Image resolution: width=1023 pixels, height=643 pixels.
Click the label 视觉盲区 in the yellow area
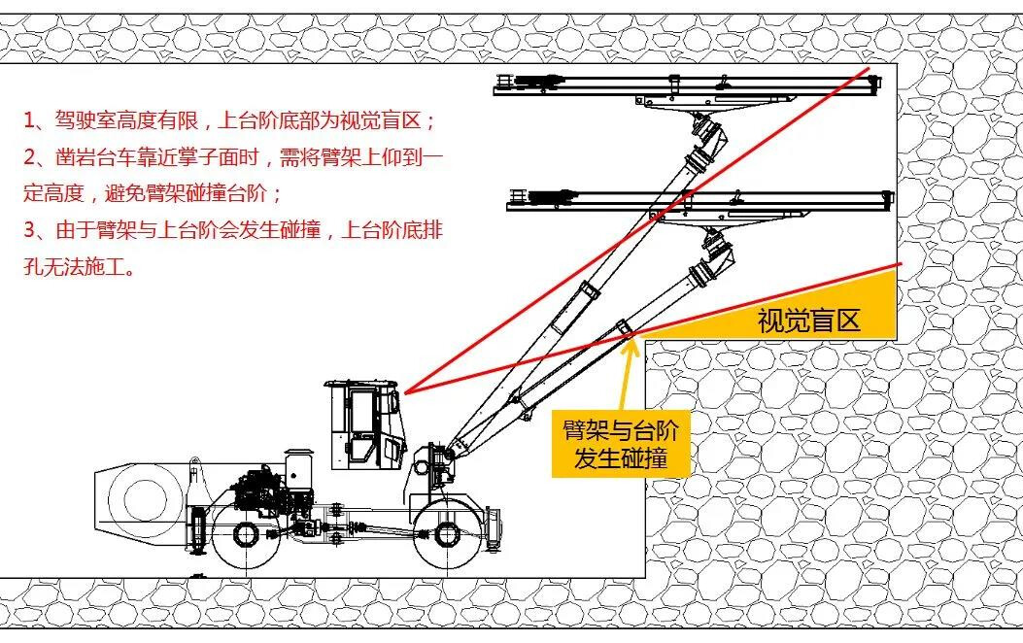coord(808,320)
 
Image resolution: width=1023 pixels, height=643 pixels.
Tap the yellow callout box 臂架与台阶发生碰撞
coord(621,443)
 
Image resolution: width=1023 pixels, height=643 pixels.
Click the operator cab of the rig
coord(364,423)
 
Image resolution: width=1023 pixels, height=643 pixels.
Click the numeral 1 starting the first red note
coord(29,121)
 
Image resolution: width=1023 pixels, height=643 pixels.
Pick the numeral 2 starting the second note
coord(29,157)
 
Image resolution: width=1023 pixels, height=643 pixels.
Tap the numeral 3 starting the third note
coord(29,230)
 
